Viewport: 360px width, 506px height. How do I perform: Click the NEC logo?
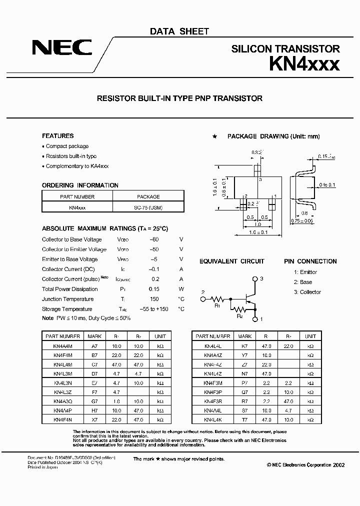coord(62,48)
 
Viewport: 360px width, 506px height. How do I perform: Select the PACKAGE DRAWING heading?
coord(273,136)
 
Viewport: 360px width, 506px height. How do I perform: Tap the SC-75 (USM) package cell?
coord(148,206)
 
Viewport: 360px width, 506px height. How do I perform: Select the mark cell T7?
coord(244,420)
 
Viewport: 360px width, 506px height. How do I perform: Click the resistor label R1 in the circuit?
coord(217,306)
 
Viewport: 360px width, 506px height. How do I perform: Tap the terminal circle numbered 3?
coord(255,279)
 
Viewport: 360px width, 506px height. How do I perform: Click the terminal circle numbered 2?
coord(203,299)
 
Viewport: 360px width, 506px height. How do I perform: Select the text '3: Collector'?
coord(307,292)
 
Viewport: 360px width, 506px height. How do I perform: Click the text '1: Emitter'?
coord(305,272)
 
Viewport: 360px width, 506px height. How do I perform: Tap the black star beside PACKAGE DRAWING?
coord(215,136)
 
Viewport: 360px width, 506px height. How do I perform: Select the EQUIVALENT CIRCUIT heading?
coord(232,261)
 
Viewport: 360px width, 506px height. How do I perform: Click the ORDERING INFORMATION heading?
coord(80,185)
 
